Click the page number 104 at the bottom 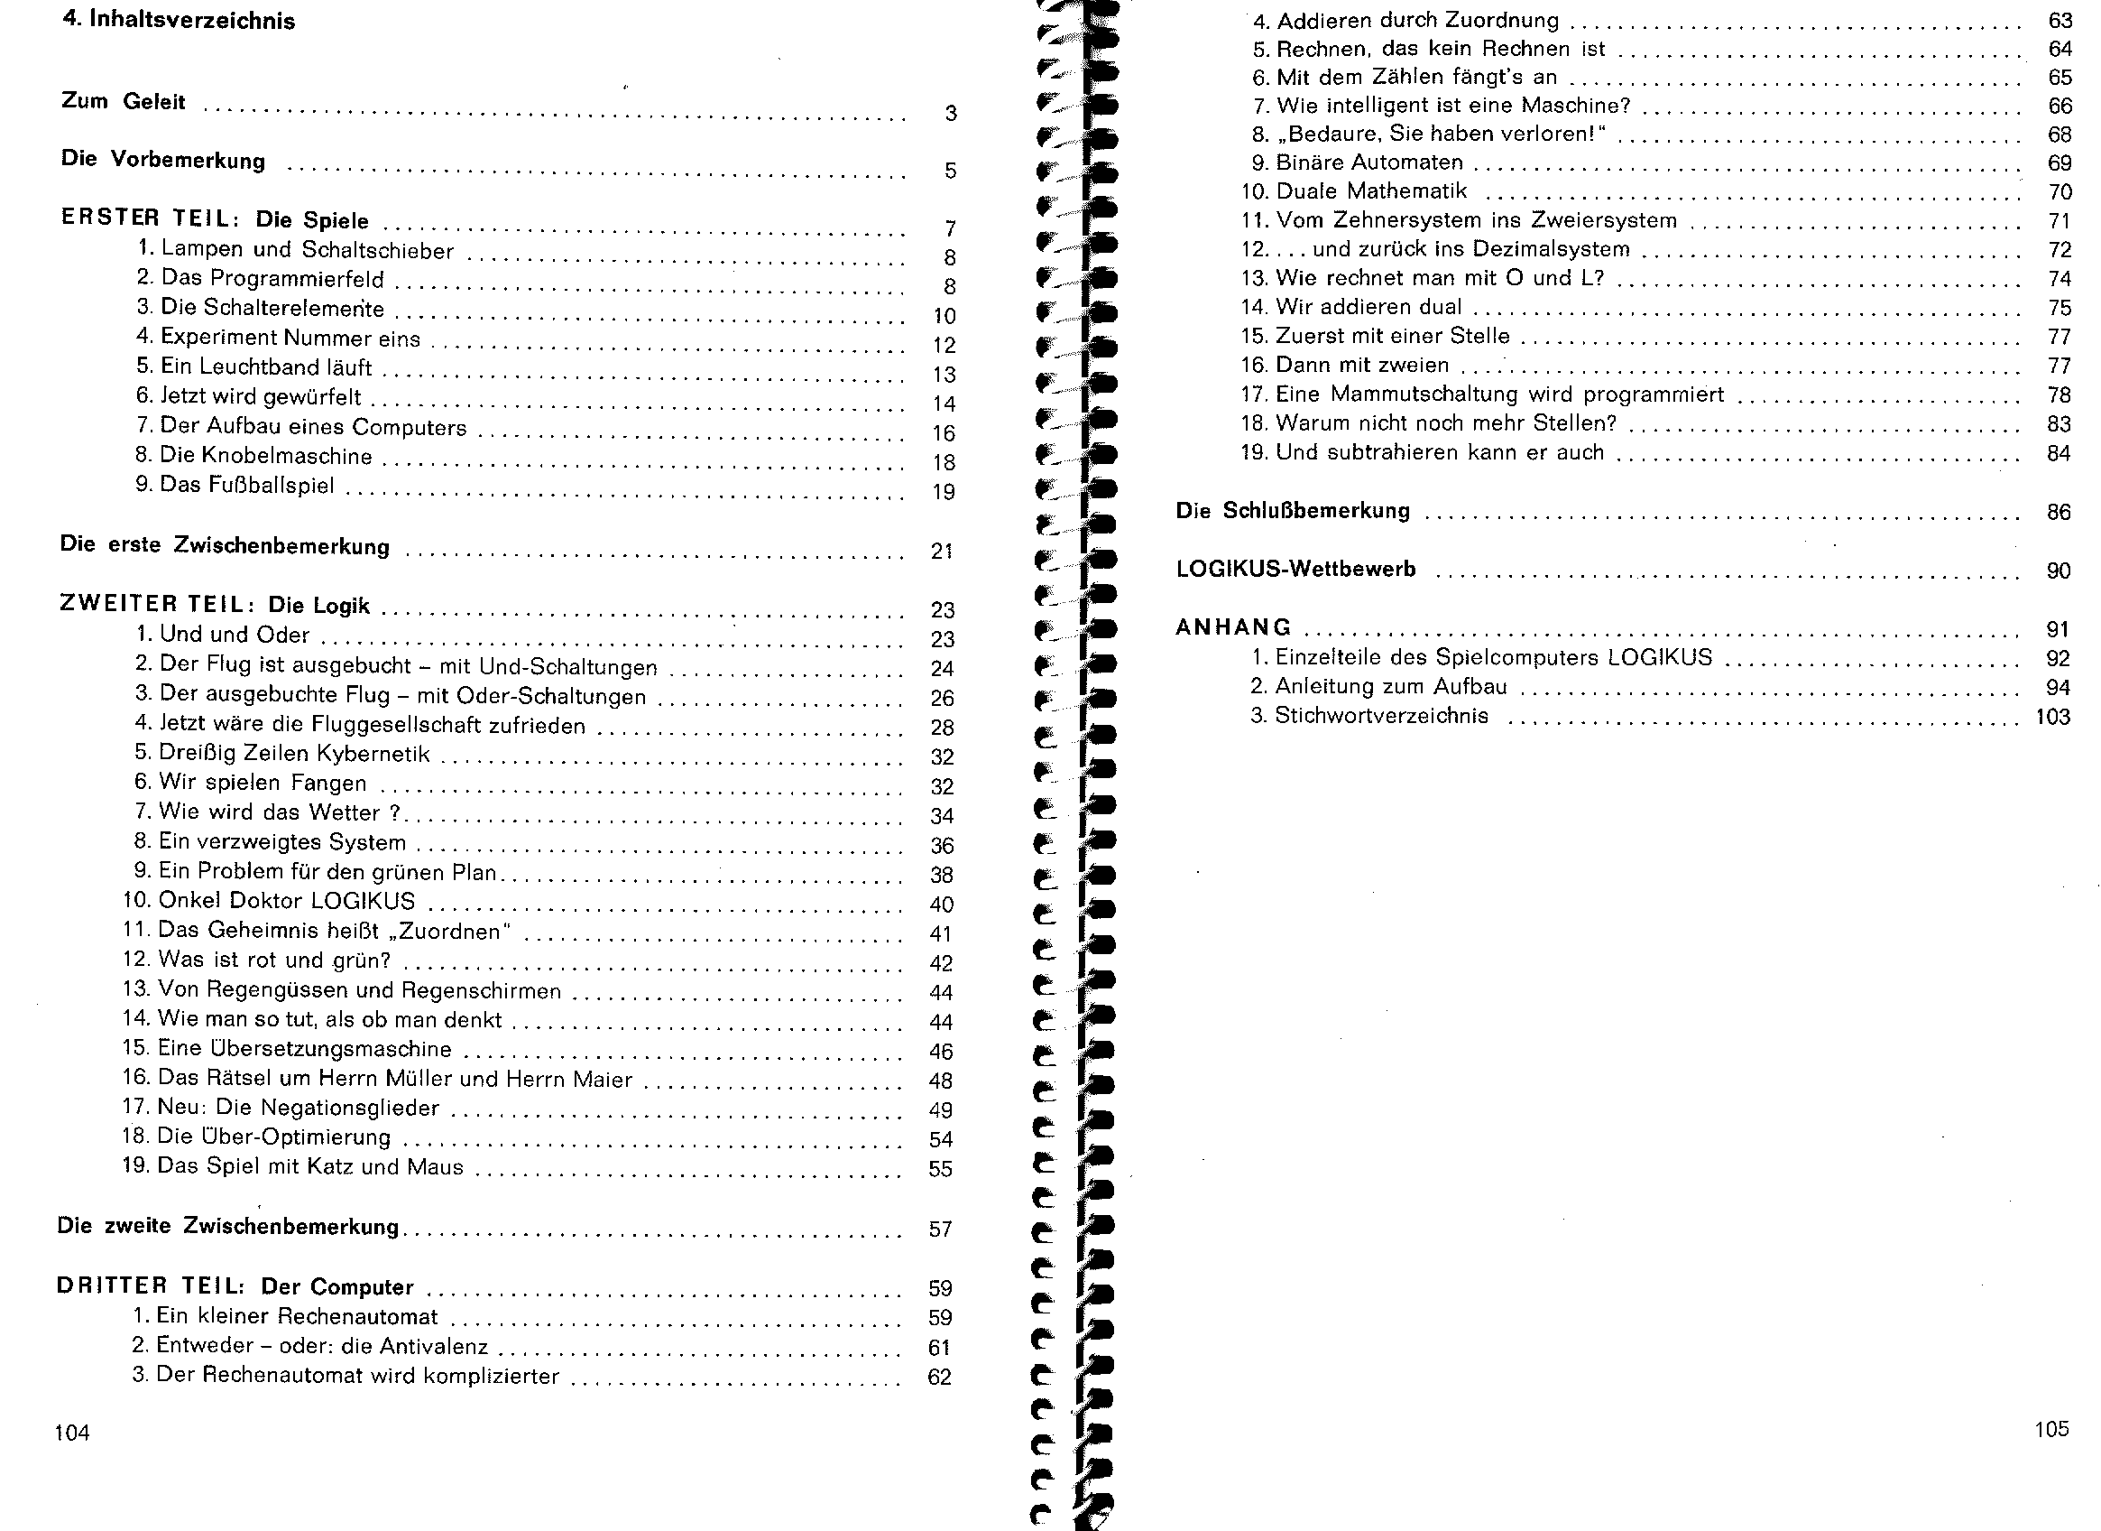tap(72, 1433)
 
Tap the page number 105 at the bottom tap(2051, 1428)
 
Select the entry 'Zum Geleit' tap(124, 101)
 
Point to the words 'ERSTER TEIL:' tap(150, 218)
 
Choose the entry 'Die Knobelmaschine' tap(266, 456)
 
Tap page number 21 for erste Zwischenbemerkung tap(941, 552)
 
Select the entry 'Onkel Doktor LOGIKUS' tap(286, 901)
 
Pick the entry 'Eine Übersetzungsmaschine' tap(304, 1048)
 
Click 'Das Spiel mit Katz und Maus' tap(309, 1166)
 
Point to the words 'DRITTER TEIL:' tap(150, 1286)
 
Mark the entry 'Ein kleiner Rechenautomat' tap(297, 1316)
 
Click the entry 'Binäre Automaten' tap(1369, 162)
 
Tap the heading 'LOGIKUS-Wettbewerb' tap(1295, 569)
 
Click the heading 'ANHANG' tap(1232, 627)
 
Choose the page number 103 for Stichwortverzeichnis tap(2052, 717)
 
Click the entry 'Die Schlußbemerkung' tap(1293, 511)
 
